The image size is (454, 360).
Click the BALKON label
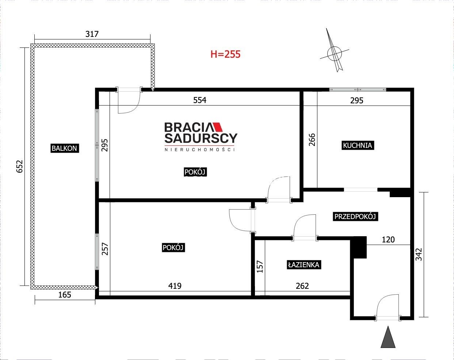coord(65,148)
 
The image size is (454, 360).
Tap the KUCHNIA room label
coord(357,146)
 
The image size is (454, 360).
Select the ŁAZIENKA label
coord(304,265)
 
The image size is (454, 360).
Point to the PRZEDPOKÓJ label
coord(355,217)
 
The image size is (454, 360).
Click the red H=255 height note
coord(225,54)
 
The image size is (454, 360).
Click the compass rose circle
coord(334,53)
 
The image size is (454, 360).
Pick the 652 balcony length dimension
coord(20,166)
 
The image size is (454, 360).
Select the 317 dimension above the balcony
coord(92,34)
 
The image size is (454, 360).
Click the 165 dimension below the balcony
coord(65,295)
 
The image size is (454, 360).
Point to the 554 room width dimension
coord(200,100)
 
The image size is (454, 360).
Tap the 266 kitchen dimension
coord(312,139)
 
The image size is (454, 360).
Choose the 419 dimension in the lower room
coord(175,286)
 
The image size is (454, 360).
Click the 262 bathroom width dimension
coord(302,286)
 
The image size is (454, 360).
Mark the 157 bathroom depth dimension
coord(260,267)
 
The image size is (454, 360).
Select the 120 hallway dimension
coord(388,240)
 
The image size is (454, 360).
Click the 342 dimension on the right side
coord(419,254)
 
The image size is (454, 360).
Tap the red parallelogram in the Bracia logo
coord(217,127)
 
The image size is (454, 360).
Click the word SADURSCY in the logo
coord(201,138)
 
